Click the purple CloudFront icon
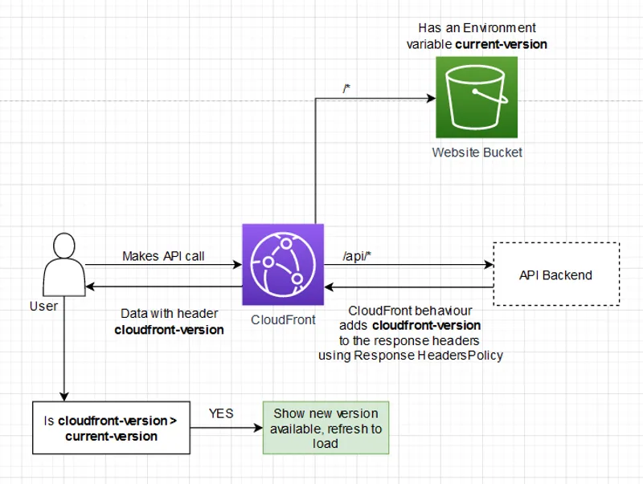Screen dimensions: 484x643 (x=282, y=264)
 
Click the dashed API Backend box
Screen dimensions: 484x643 (x=555, y=275)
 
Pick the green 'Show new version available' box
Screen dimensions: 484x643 (x=326, y=429)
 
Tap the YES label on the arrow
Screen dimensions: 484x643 (x=221, y=413)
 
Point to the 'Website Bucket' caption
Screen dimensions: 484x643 (x=477, y=153)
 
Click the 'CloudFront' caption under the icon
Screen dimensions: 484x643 (x=281, y=319)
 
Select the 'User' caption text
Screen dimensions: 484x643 (x=43, y=306)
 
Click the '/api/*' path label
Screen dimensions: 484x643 (x=356, y=256)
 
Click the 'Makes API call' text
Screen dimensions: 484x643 (x=163, y=256)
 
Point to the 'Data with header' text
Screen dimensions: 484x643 (x=169, y=314)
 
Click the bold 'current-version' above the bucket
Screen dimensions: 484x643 (x=501, y=44)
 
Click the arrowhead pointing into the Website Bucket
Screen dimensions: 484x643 (x=430, y=98)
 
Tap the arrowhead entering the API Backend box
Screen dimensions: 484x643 (x=487, y=264)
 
